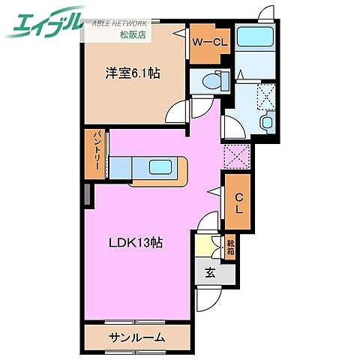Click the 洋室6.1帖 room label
[132, 73]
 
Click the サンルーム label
[136, 337]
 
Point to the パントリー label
[98, 154]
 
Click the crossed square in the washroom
[266, 94]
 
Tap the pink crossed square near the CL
[235, 156]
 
